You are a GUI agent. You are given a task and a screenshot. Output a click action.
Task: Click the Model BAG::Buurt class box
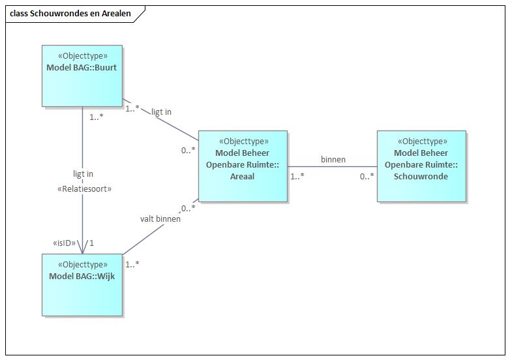tap(82, 76)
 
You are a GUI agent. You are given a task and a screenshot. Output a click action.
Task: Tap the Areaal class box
tap(243, 166)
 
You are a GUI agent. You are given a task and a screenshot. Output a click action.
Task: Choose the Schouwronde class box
tap(421, 166)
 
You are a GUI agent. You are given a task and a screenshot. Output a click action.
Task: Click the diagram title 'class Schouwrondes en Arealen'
tap(70, 14)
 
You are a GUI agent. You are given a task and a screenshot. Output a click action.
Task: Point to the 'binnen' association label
tap(333, 159)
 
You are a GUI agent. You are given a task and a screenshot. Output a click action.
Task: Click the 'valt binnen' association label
tap(160, 219)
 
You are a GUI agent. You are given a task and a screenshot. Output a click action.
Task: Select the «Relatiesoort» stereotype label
tap(83, 188)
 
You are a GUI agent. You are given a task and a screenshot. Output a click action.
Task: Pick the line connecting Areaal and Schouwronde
tap(332, 167)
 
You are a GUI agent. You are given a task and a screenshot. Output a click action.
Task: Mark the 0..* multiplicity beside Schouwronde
tap(367, 176)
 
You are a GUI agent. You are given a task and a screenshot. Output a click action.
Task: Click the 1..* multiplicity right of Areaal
tap(297, 176)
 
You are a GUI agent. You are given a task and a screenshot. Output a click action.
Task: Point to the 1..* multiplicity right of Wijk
tap(132, 264)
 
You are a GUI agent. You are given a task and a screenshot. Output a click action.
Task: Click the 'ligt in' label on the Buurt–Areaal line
tap(161, 112)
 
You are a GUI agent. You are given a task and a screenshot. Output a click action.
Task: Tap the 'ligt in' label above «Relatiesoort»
tap(83, 174)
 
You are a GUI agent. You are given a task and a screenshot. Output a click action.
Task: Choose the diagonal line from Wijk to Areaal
tap(160, 228)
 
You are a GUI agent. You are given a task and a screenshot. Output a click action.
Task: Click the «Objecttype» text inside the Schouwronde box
tap(421, 141)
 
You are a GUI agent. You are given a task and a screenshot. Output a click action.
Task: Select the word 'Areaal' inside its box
tap(243, 176)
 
